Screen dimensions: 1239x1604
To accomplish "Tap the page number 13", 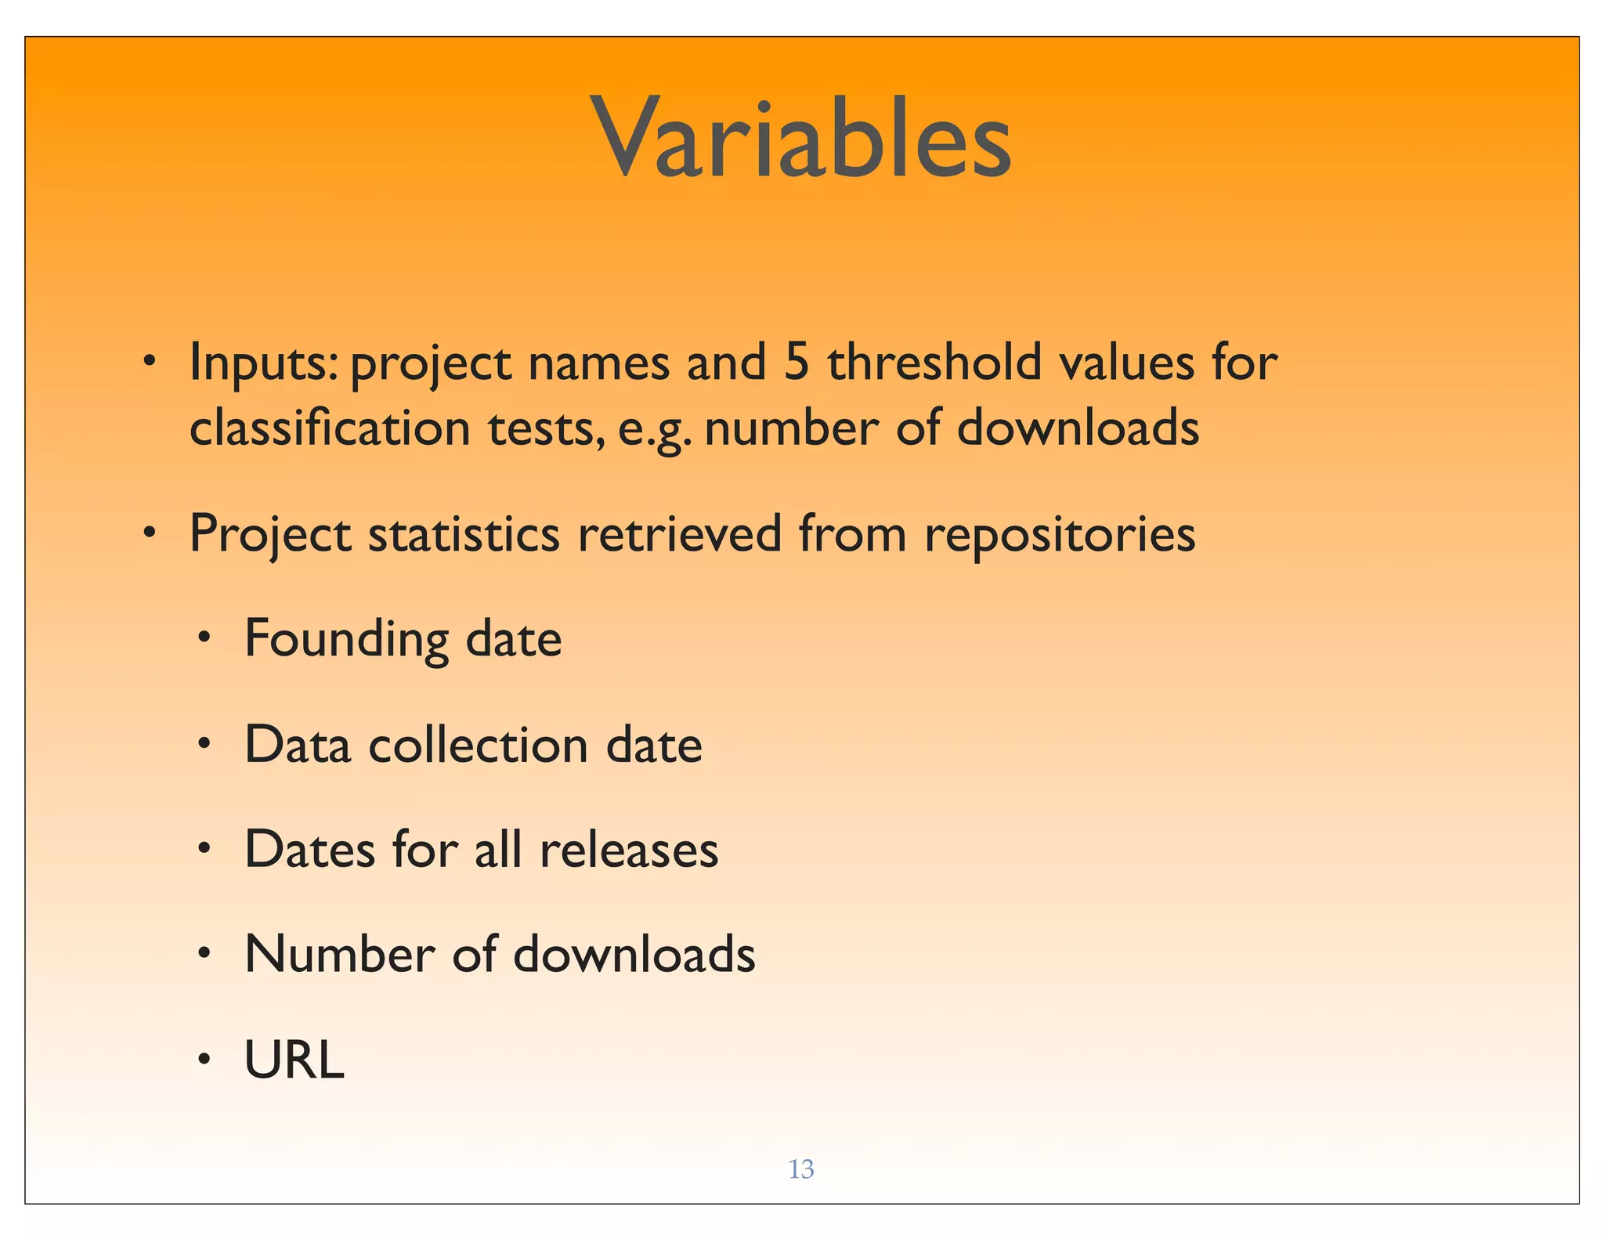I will tap(800, 1169).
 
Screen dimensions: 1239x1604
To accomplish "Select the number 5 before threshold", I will tap(796, 363).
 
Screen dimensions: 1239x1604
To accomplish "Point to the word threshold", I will tap(934, 363).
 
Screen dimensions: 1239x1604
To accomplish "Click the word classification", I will tap(330, 428).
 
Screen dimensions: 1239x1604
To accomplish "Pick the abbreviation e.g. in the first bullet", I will tap(655, 430).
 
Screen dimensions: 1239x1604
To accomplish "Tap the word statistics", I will tap(464, 534).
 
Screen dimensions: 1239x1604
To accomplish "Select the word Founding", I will tap(346, 640).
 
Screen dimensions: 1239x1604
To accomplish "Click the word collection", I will tap(478, 745).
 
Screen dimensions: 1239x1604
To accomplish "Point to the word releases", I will tap(628, 850).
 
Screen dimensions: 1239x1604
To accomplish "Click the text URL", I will tap(294, 1060).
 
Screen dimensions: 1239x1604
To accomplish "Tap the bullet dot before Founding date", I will tap(204, 638).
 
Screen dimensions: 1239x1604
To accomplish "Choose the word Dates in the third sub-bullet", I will tap(309, 850).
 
